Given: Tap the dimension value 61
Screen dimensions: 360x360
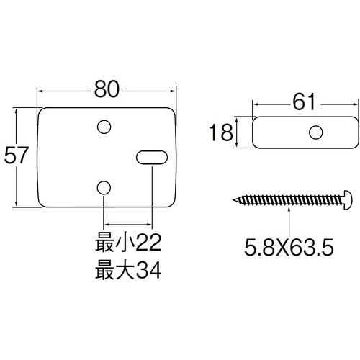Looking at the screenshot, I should coord(305,104).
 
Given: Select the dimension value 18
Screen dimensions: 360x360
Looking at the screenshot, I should coord(222,132).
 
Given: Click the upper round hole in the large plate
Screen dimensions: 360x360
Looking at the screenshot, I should coord(104,127).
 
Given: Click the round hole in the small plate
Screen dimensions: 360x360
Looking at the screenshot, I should coord(315,132).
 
